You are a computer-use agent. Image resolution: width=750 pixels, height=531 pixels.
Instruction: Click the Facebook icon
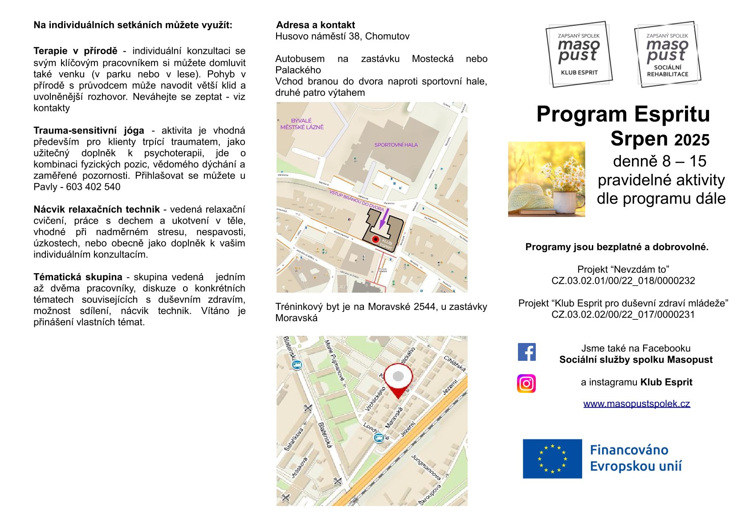[x=526, y=352]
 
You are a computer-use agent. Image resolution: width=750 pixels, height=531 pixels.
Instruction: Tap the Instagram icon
[x=526, y=384]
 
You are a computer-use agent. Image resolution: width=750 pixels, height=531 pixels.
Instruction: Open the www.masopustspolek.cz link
[x=636, y=404]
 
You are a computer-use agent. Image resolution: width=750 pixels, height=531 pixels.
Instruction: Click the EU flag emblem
[x=552, y=459]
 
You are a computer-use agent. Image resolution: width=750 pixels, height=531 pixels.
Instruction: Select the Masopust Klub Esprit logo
[x=579, y=54]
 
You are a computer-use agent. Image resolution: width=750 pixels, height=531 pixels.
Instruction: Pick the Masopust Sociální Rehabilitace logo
[x=667, y=54]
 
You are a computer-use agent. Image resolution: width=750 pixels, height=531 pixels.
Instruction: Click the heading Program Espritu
[x=623, y=114]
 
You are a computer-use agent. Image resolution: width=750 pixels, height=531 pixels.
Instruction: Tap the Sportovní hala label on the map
[x=396, y=145]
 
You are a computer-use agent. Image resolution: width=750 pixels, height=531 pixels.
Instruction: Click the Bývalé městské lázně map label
[x=302, y=124]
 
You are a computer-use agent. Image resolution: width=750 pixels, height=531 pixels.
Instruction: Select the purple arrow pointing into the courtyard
[x=383, y=218]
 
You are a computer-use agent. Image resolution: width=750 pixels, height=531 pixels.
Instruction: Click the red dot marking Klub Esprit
[x=375, y=239]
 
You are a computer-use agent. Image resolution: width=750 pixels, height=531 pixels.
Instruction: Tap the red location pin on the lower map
[x=398, y=380]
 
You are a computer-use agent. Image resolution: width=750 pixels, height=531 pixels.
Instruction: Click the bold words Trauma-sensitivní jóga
[x=89, y=131]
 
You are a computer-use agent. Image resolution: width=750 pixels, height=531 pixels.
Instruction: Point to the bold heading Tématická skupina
[x=77, y=277]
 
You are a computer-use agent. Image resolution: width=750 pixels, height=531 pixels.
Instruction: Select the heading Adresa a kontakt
[x=315, y=25]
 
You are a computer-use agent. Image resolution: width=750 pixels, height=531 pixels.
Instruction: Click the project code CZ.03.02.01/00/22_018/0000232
[x=623, y=281]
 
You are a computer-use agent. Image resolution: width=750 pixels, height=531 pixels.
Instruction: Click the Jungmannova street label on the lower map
[x=425, y=467]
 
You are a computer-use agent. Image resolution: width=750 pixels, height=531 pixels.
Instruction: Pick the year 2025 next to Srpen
[x=691, y=140]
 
